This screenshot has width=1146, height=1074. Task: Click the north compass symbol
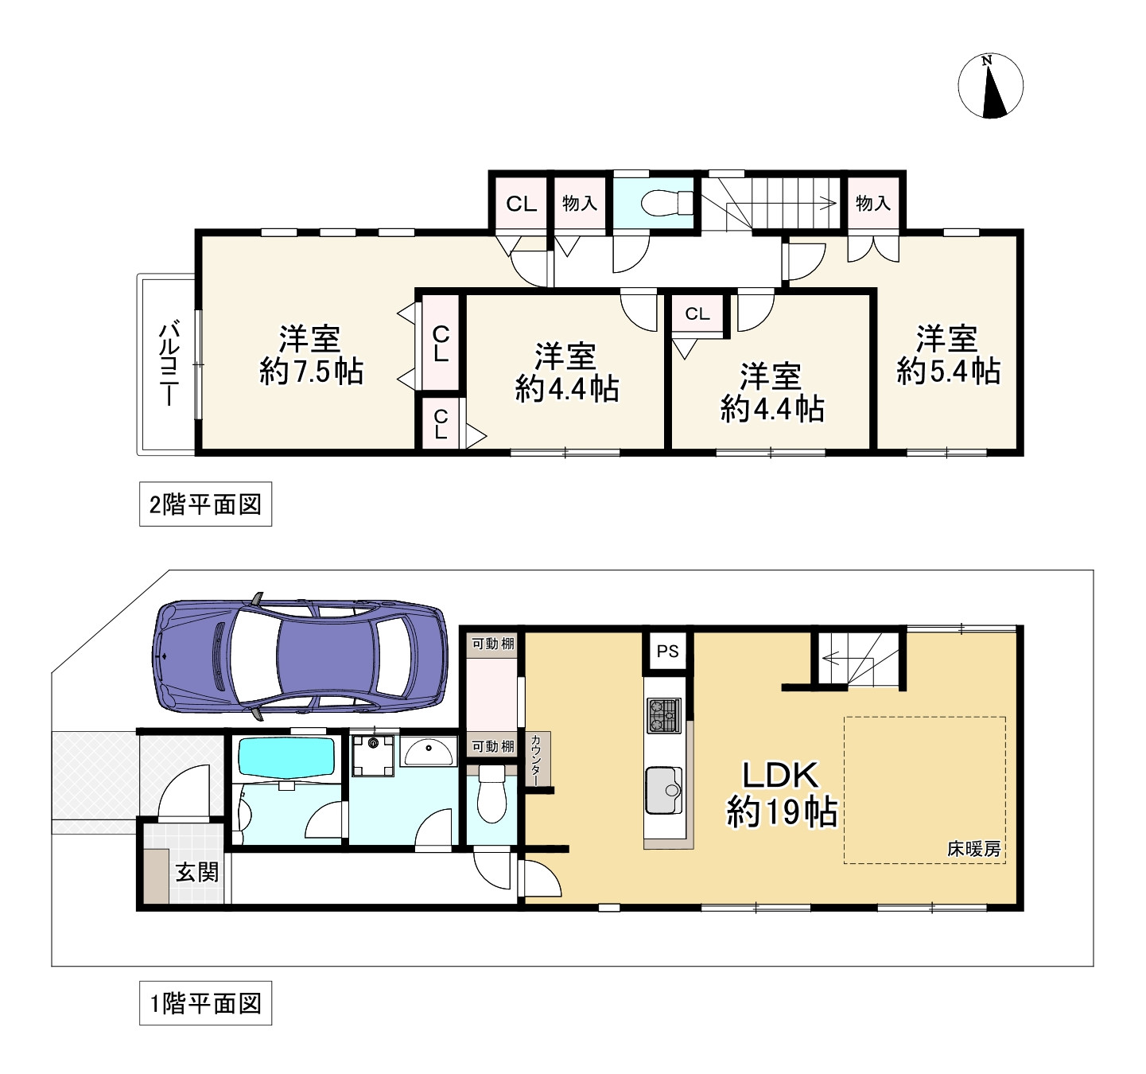990,87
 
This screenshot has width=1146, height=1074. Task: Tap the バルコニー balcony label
169,364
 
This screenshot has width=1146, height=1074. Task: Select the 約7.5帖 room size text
311,372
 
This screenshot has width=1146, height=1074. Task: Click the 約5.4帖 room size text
948,372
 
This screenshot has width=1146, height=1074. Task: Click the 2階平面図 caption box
205,504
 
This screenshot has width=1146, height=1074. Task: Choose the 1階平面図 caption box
205,1003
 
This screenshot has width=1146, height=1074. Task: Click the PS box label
668,651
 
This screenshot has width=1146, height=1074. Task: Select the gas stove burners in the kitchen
663,714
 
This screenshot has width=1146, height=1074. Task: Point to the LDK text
780,775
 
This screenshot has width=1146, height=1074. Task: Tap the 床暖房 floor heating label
973,849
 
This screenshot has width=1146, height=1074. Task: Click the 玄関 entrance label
196,873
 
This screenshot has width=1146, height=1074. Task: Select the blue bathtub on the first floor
287,757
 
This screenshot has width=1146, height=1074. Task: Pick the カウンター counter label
537,760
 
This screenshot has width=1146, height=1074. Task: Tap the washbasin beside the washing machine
429,749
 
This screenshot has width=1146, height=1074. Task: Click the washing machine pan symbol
373,753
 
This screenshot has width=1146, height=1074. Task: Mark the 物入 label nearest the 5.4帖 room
872,204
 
